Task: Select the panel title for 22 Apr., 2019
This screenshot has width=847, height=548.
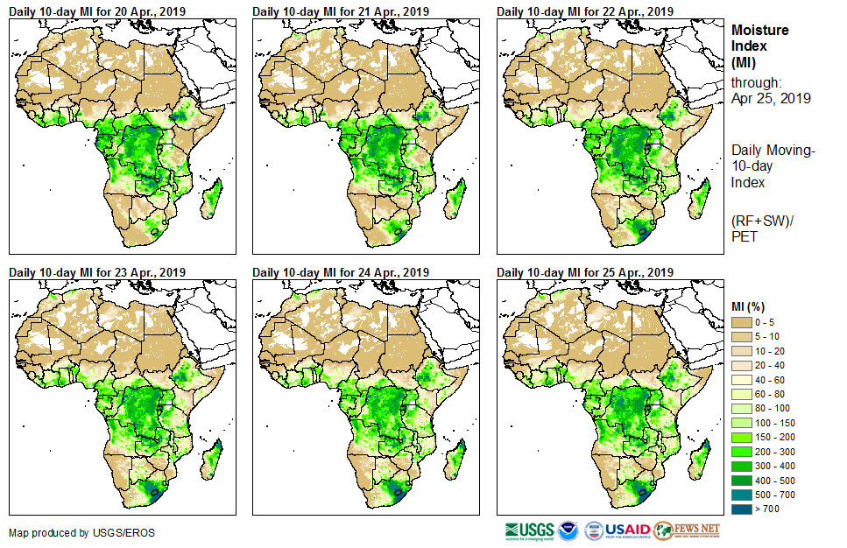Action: coord(585,11)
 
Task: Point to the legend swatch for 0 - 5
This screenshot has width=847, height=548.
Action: coord(742,322)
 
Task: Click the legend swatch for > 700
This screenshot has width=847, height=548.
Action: coord(742,509)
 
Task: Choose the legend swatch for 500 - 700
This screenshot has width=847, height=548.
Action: coord(742,495)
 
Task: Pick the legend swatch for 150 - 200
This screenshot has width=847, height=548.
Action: coord(742,437)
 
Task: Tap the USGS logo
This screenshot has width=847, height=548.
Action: coord(529,530)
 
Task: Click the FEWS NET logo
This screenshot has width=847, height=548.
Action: coord(687,530)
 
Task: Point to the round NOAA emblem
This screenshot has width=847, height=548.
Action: coord(568,530)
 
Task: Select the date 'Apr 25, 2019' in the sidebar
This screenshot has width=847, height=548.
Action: coord(771,98)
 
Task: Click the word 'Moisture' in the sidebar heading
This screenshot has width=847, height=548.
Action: coord(759,30)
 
